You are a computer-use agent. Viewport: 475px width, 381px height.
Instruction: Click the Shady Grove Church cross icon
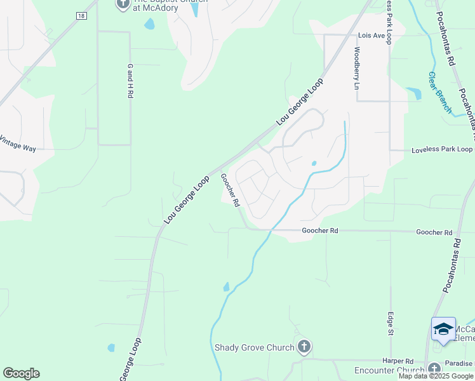304,347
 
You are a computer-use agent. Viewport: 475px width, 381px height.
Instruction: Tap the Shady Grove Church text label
254,347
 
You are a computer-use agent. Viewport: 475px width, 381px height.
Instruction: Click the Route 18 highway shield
81,16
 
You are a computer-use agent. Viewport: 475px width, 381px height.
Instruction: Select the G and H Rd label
130,80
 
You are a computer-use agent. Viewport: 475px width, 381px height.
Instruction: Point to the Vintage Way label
18,144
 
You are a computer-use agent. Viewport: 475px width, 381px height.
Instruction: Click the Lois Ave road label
371,36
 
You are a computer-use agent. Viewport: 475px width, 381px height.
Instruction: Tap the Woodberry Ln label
357,68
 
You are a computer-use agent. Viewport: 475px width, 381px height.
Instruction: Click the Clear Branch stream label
439,92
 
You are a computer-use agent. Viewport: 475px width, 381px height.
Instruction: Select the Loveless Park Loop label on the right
442,150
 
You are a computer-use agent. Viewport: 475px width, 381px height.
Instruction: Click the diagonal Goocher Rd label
229,190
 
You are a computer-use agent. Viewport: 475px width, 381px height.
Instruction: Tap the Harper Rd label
403,361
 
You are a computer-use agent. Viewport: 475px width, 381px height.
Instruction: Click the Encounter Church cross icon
434,369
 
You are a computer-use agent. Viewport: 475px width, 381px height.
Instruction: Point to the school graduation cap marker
443,329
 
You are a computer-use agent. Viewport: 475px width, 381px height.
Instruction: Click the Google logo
21,373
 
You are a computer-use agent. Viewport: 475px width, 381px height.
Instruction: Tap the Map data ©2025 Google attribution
436,376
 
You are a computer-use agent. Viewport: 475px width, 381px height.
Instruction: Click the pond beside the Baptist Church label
149,25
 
